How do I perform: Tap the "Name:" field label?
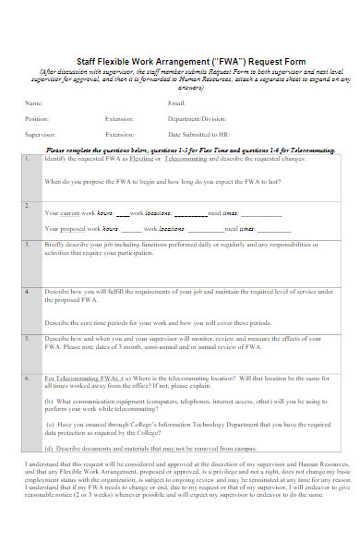(33, 103)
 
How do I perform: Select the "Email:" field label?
(177, 103)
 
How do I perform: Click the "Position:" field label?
(37, 118)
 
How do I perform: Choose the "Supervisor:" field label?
(41, 134)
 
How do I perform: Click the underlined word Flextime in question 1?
(144, 159)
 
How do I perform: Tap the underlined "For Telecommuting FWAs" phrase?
(83, 378)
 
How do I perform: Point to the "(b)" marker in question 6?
(49, 402)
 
